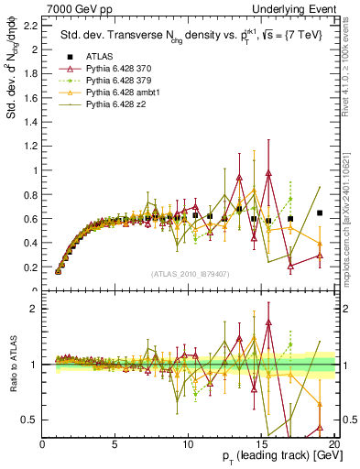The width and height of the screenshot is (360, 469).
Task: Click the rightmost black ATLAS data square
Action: pyautogui.click(x=319, y=213)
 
